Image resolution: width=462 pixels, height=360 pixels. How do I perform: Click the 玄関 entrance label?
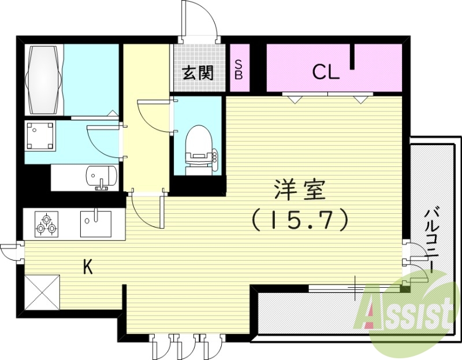[x=199, y=73]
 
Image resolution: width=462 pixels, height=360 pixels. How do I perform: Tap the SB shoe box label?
[x=239, y=69]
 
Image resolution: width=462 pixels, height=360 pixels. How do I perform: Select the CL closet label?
[x=326, y=72]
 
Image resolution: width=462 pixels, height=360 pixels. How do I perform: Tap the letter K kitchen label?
[x=88, y=267]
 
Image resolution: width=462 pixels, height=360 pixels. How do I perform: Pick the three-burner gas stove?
[x=46, y=224]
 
